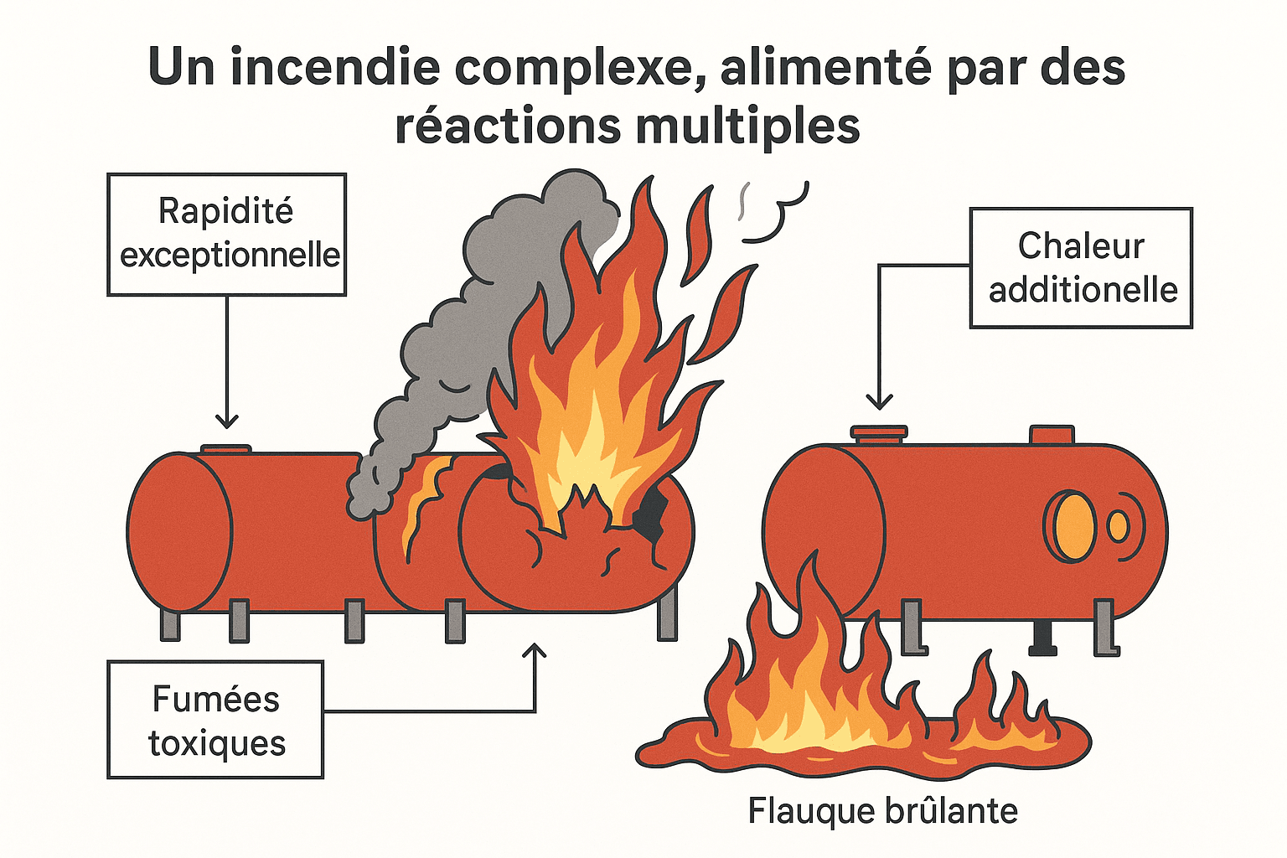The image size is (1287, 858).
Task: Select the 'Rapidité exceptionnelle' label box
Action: click(x=227, y=234)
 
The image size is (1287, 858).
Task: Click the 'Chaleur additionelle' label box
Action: click(x=1081, y=267)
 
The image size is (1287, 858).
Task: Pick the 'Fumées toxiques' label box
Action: click(x=215, y=720)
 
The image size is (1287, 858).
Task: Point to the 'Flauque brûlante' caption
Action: click(x=882, y=810)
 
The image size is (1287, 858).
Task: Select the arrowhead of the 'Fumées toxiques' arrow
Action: click(x=535, y=652)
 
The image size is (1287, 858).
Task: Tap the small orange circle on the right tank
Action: click(x=1118, y=526)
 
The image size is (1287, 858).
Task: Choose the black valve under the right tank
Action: click(x=1042, y=637)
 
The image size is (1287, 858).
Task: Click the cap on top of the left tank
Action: click(x=226, y=449)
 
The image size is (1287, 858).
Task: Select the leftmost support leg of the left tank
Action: click(x=170, y=624)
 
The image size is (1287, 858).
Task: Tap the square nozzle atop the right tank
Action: click(x=1051, y=435)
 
